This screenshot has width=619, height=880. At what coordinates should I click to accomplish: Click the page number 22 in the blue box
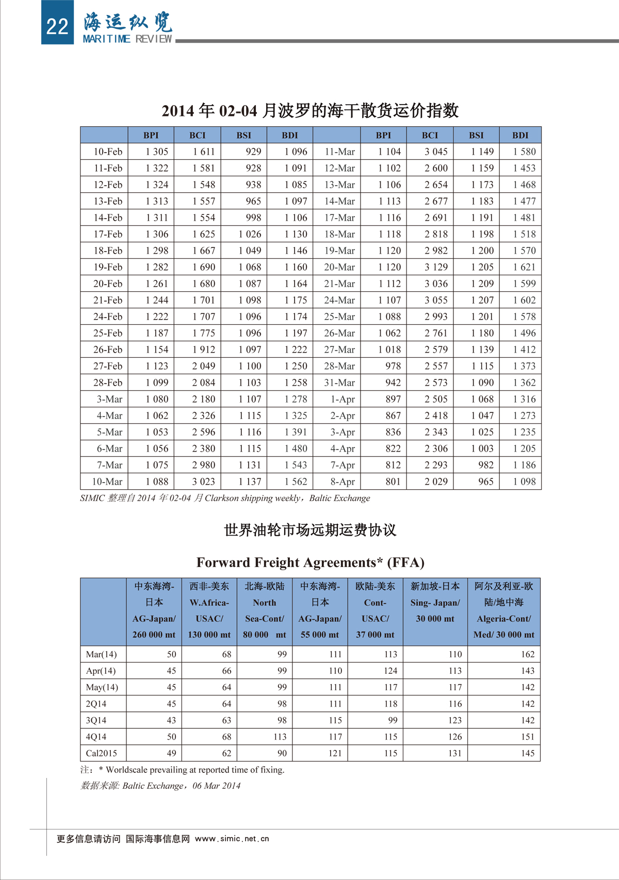click(x=57, y=25)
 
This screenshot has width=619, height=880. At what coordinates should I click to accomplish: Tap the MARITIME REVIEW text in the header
click(x=127, y=39)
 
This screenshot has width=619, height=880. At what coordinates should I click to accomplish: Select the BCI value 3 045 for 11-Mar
click(x=436, y=152)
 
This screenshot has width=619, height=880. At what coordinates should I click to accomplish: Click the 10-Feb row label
click(x=108, y=152)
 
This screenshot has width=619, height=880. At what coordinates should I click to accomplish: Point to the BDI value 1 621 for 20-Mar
click(x=524, y=267)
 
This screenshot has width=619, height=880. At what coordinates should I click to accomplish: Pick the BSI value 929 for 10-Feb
click(x=253, y=152)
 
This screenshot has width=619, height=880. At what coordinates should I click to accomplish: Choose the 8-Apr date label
click(x=343, y=481)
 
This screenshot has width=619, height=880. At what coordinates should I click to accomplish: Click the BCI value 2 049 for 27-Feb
click(x=204, y=366)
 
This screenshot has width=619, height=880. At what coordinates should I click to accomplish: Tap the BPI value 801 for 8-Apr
click(x=393, y=481)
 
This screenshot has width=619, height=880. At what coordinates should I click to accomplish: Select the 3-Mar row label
click(x=109, y=399)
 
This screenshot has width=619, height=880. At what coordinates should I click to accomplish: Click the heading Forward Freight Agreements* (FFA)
click(x=310, y=562)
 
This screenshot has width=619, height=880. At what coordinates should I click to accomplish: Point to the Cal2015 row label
click(x=102, y=753)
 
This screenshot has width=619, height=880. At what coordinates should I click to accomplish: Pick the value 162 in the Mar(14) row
click(x=527, y=654)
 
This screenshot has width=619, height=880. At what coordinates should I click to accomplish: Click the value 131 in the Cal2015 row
click(x=454, y=753)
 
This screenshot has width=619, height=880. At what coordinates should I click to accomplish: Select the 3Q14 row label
click(x=96, y=720)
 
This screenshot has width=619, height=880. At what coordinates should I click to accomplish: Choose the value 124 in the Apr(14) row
click(x=390, y=671)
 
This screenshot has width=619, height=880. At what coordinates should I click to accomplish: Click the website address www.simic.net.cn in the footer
click(x=232, y=839)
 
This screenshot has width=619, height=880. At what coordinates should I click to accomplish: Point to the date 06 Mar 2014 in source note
click(x=217, y=786)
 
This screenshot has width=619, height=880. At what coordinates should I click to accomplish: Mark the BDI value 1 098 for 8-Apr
click(x=524, y=481)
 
